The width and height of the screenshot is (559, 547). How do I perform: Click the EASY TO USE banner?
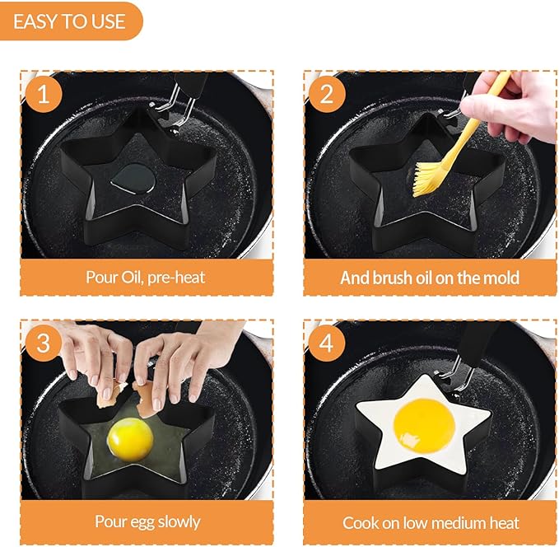point(70,21)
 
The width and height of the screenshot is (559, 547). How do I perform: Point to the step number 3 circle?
point(44,343)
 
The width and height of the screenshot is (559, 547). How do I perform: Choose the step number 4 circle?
point(327,343)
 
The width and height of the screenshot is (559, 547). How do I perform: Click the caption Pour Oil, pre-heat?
point(146,277)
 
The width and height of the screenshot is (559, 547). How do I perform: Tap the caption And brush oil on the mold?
point(429,278)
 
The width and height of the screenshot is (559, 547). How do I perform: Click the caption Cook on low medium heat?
point(431,522)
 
